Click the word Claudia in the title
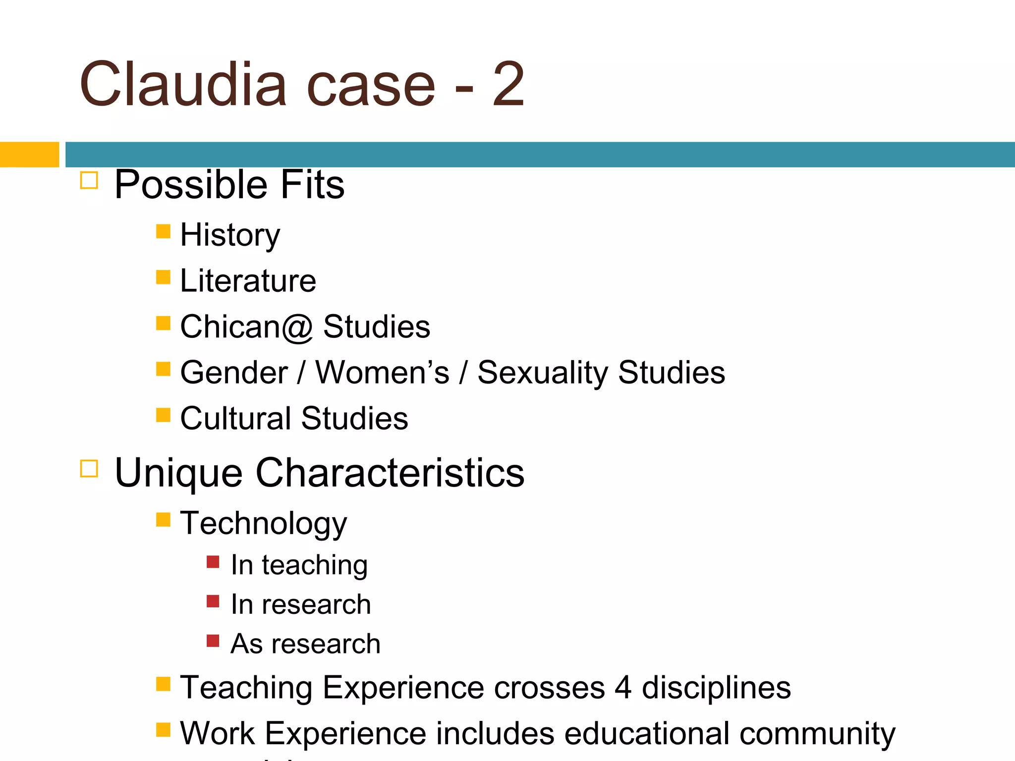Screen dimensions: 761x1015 coord(183,84)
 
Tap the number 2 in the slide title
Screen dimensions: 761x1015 coord(508,84)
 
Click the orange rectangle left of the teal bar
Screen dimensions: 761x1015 coord(29,155)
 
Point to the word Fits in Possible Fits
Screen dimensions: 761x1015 coord(312,185)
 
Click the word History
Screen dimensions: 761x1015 coord(230,235)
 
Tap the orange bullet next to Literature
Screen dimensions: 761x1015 coord(163,277)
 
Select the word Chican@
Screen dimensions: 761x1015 coord(246,327)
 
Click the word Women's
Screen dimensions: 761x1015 coord(382,373)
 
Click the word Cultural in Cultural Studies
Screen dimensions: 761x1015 coord(235,419)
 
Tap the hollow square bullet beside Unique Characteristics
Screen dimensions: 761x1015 coord(89,468)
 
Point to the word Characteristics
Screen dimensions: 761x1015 coord(390,473)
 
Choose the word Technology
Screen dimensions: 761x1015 coord(263,524)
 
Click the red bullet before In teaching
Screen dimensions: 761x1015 coord(213,562)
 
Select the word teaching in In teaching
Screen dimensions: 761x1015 coord(315,565)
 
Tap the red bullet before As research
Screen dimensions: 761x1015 coord(213,641)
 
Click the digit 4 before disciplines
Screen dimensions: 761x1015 coord(623,688)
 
